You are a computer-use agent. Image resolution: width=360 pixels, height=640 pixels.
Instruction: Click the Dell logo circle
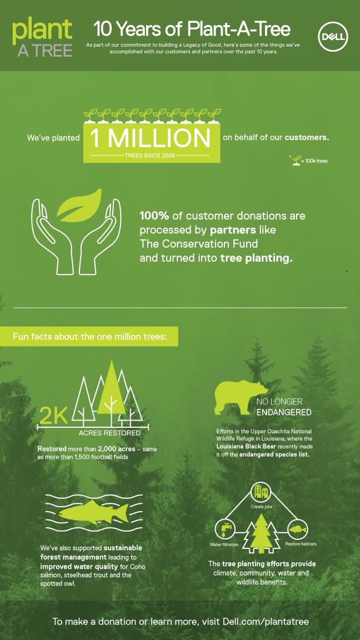(x=333, y=37)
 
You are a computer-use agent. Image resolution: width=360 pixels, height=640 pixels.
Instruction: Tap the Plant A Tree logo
(x=42, y=38)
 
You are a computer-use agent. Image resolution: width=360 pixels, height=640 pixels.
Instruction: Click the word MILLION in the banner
(x=159, y=138)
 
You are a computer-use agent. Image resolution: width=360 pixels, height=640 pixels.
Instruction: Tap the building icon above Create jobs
(x=261, y=492)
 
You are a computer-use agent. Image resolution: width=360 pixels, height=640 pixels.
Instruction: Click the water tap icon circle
(x=224, y=529)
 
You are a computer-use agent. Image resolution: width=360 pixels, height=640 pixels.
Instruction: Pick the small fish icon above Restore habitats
(x=298, y=529)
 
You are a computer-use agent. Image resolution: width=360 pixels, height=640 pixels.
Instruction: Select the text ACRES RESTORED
(x=109, y=433)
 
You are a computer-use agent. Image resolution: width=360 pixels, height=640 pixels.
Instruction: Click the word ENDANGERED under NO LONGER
(x=284, y=412)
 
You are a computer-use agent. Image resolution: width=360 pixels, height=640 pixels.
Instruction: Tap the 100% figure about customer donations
(x=154, y=215)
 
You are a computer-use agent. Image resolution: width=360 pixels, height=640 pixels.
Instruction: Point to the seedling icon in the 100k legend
(x=296, y=161)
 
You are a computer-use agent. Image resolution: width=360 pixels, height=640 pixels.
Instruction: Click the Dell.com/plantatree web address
(x=266, y=622)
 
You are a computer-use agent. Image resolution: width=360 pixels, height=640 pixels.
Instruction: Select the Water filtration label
(x=224, y=544)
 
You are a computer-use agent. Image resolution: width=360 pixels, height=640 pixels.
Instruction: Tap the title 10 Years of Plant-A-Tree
(x=192, y=29)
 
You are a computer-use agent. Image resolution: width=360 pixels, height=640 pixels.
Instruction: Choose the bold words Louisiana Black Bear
(x=241, y=447)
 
